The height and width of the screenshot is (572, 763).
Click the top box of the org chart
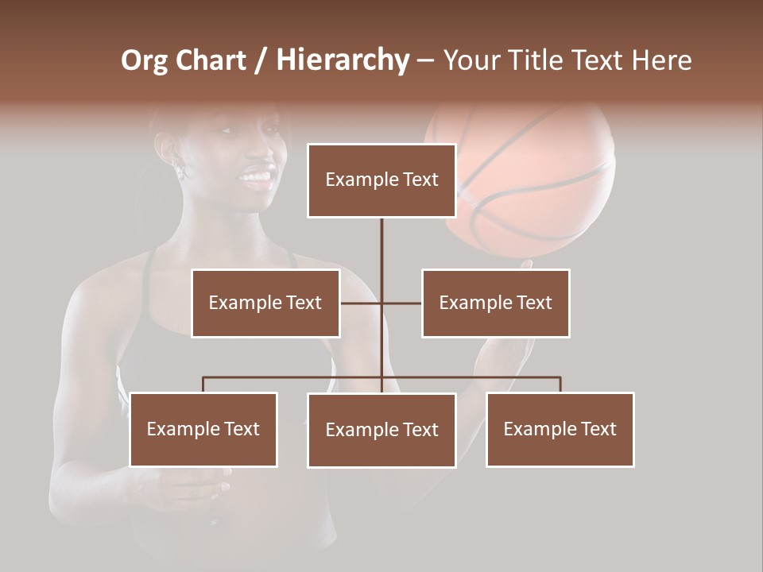point(381,180)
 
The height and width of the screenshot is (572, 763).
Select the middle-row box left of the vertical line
point(265,303)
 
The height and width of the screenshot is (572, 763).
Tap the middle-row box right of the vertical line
point(495,303)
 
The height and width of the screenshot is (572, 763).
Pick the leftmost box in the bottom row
point(203,429)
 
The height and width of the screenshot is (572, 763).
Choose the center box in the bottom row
point(381,430)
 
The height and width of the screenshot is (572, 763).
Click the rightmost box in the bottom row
point(560,429)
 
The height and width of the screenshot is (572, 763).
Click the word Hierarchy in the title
point(343,60)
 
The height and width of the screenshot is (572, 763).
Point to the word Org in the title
point(144,61)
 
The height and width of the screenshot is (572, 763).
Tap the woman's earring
point(180,169)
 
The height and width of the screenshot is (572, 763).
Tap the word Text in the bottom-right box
point(597,429)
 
